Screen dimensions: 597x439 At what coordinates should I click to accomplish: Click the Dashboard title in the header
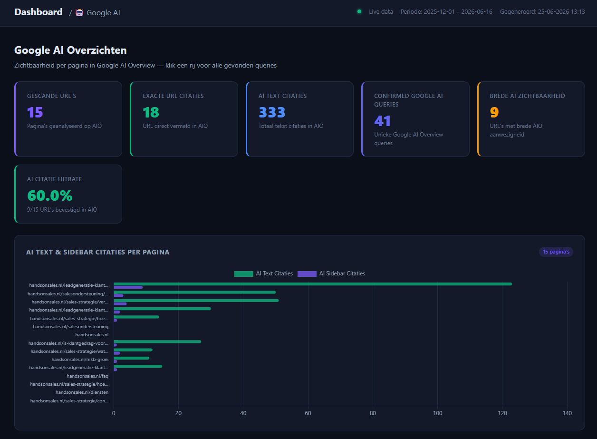point(39,12)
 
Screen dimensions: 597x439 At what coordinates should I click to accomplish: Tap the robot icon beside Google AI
point(79,12)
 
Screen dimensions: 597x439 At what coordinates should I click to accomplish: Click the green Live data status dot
point(359,11)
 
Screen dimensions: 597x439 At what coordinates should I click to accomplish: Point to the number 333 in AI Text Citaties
point(272,112)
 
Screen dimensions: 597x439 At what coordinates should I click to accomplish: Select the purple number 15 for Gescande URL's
point(35,112)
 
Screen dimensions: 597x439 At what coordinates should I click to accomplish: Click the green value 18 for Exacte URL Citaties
point(151,112)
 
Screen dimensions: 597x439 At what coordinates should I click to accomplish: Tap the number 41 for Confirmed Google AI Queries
point(382,121)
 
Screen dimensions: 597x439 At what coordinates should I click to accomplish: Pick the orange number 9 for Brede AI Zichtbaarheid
point(494,112)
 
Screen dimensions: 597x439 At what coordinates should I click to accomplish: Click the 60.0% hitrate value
point(50,195)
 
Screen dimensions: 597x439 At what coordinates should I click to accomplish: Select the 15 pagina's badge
point(556,252)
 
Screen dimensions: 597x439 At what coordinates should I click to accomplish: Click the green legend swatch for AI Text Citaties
point(243,273)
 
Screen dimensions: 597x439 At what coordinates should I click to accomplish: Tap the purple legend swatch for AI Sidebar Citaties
point(307,273)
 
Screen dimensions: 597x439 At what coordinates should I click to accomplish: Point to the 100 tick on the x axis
point(438,413)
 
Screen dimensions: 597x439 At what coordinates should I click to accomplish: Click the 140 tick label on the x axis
point(567,413)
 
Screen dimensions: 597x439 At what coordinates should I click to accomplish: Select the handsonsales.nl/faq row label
point(87,376)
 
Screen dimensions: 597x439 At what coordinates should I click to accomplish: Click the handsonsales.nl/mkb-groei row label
point(80,360)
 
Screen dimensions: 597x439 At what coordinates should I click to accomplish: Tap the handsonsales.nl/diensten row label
point(82,392)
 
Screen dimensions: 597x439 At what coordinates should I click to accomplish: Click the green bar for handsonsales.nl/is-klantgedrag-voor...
point(157,341)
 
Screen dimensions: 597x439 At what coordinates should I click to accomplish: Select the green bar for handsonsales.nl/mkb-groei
point(131,358)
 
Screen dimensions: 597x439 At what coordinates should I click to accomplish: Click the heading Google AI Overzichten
point(70,50)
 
